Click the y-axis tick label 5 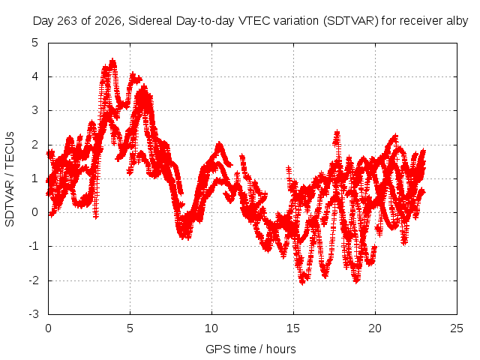click(35, 43)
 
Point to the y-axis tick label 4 click(35, 76)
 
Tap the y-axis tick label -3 click(33, 314)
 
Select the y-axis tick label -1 click(33, 246)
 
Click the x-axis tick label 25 click(457, 328)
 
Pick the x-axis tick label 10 click(211, 328)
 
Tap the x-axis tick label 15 click(293, 328)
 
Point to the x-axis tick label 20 click(375, 328)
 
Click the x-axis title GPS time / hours click(250, 349)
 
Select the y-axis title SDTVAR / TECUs click(10, 179)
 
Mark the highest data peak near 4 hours click(113, 60)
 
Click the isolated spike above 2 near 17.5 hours click(337, 132)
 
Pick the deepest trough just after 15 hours click(302, 282)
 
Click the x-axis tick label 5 click(130, 328)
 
